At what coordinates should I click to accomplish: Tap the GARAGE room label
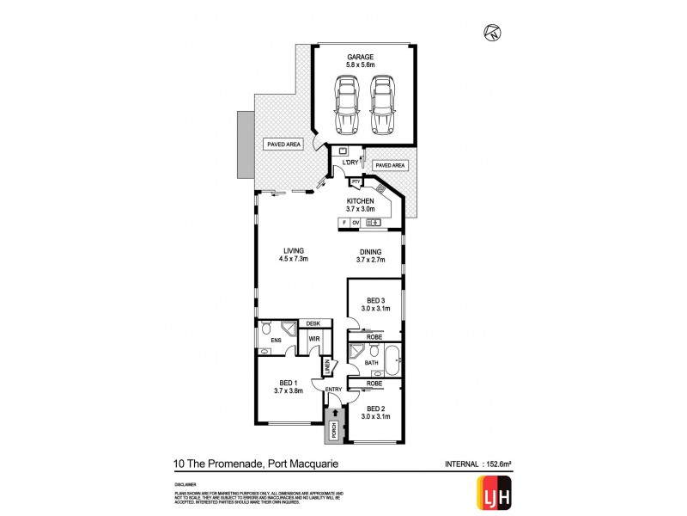[x=364, y=58]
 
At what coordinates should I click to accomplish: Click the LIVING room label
[x=293, y=252]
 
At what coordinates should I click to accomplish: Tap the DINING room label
[x=371, y=252]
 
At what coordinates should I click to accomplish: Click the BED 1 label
[x=288, y=384]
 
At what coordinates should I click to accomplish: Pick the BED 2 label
[x=375, y=409]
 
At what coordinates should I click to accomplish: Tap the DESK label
[x=312, y=323]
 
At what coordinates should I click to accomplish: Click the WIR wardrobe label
[x=314, y=341]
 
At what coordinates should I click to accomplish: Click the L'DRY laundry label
[x=350, y=163]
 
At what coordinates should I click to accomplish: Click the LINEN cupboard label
[x=328, y=367]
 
